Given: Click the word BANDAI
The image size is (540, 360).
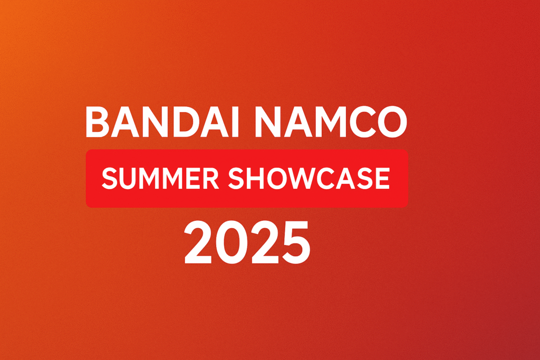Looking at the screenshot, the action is [162, 122].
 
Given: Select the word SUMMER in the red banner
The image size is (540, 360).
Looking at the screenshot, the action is [160, 178].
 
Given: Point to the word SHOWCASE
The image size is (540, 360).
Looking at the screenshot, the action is [309, 178].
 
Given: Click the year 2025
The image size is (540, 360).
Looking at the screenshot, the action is [247, 243].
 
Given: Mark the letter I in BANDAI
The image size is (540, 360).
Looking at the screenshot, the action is [236, 122].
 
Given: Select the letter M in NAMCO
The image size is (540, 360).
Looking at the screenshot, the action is [331, 122].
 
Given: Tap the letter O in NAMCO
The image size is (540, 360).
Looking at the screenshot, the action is [392, 122].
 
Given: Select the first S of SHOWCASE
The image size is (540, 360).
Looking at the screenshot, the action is [236, 178].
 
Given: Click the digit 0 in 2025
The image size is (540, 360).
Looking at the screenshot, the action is [231, 243].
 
